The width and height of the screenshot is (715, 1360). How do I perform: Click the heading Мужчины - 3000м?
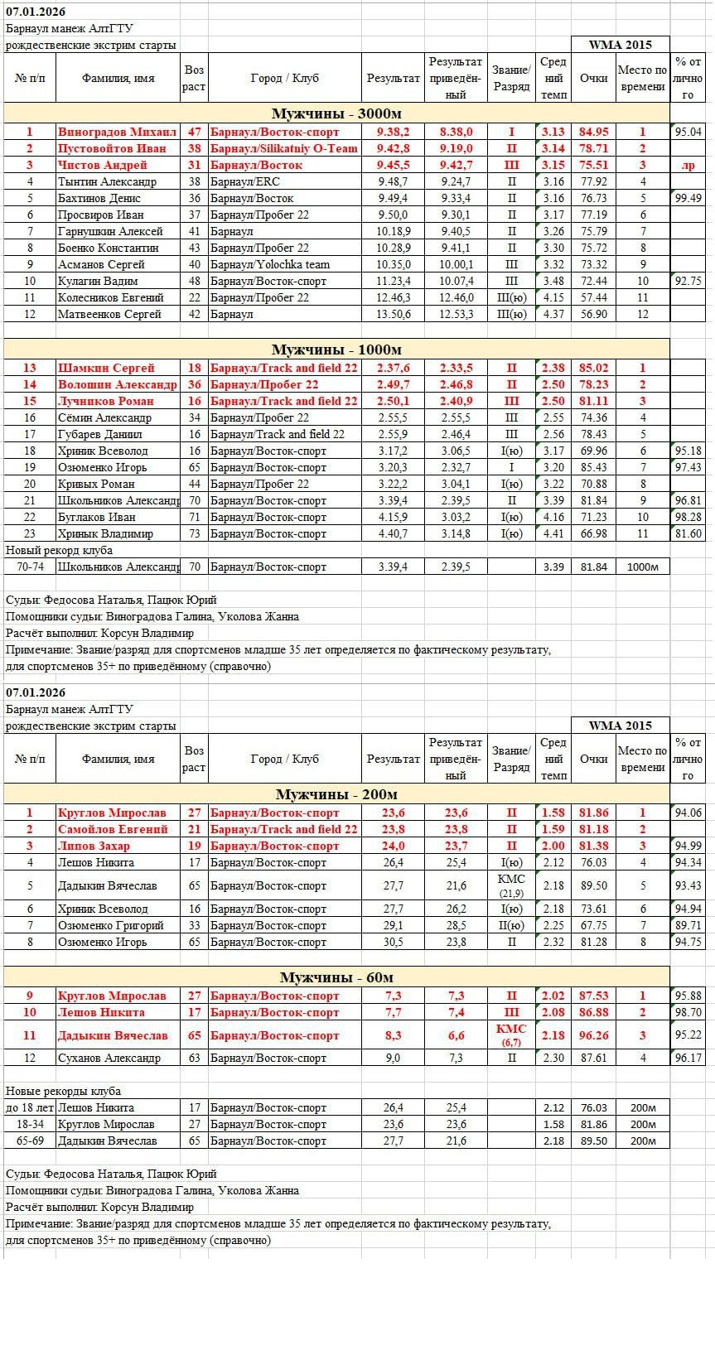coord(336,113)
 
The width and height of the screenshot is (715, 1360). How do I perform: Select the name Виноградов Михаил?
coord(117,132)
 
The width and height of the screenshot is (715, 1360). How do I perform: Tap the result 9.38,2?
coord(393,132)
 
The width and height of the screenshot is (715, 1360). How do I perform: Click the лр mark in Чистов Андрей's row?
coord(688,165)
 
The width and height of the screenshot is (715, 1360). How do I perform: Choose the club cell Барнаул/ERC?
coord(244,181)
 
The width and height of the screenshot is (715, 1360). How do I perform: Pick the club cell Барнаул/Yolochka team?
coord(269,264)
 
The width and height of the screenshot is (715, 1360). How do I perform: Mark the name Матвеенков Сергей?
coord(109,314)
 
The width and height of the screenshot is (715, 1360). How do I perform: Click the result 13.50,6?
coord(393,314)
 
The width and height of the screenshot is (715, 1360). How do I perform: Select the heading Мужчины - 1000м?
coord(336,350)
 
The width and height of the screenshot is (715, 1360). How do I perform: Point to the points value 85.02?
coord(593,368)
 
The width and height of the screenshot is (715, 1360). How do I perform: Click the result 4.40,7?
coord(393,533)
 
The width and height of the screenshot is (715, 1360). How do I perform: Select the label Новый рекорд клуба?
coord(59,550)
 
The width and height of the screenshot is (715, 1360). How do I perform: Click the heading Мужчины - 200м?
coord(336,794)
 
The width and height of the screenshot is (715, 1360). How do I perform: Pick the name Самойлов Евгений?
coord(113,829)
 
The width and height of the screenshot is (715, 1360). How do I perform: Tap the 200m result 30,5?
coord(393,942)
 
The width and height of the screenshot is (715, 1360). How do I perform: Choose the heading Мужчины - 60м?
coord(336,977)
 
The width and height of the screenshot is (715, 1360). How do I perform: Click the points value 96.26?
coord(593,1035)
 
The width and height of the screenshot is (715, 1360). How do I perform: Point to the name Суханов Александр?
coord(109,1058)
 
